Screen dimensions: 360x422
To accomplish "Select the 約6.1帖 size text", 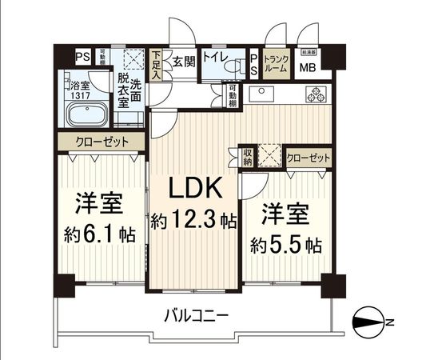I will pyautogui.click(x=98, y=236).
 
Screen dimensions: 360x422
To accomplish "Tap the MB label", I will pyautogui.click(x=308, y=67).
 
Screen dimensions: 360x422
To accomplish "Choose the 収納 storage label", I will pyautogui.click(x=247, y=157).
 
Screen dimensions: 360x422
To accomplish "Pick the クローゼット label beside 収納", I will pyautogui.click(x=307, y=158).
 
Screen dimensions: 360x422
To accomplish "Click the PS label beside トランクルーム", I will pyautogui.click(x=254, y=64).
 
